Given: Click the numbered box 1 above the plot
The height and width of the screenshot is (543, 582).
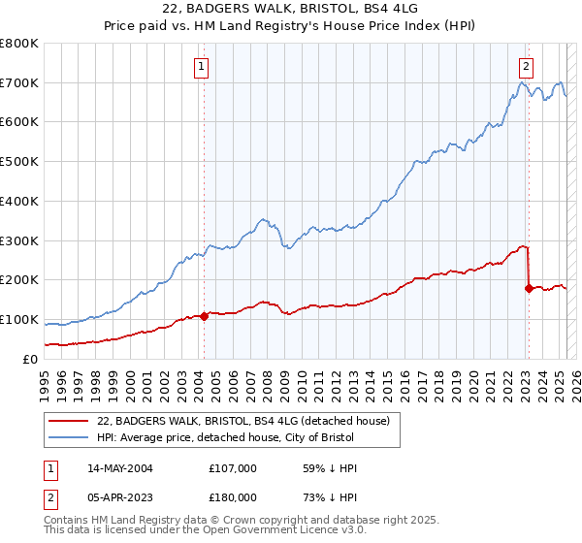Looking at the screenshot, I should pos(201,67).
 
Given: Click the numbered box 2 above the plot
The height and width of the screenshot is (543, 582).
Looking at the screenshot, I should pos(525,67).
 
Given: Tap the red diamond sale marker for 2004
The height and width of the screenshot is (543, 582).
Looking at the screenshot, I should pos(204,316).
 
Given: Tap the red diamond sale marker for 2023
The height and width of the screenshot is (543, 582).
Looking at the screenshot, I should pos(529,288).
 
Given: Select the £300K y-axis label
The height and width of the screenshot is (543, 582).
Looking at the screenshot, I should pos(19,240).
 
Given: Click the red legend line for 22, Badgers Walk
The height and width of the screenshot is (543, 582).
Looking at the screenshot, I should pos(70,421).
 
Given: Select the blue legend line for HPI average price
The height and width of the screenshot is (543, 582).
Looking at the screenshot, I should pos(70,437).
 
